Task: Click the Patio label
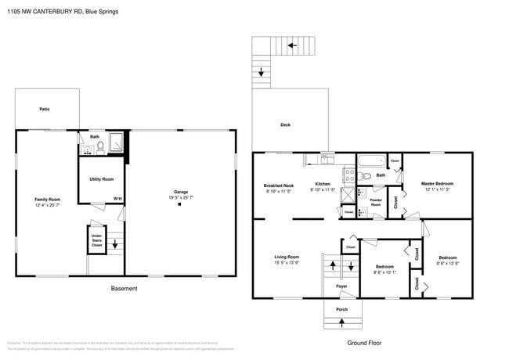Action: tap(45, 109)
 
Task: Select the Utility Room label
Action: tap(102, 179)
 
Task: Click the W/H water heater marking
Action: tap(117, 199)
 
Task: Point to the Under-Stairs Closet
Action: tap(97, 240)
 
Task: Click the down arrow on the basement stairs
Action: tap(116, 244)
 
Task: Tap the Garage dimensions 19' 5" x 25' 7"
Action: tap(181, 196)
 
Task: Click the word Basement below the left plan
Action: tap(124, 289)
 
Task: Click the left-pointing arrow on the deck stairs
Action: tap(291, 46)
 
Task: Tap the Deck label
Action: tap(285, 125)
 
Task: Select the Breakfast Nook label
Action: tap(278, 185)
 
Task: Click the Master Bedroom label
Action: tap(437, 184)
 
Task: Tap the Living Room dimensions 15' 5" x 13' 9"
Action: tap(287, 262)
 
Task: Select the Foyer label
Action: tap(341, 286)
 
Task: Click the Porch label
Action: tap(341, 310)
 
